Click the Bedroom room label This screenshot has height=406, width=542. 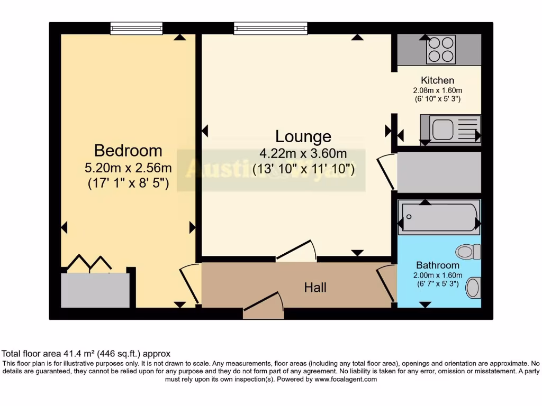(x=128, y=151)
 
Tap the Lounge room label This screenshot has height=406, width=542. (x=303, y=136)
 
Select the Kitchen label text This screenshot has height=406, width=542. (x=437, y=80)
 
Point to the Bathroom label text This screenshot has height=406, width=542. (x=437, y=265)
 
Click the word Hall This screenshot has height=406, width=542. (x=315, y=288)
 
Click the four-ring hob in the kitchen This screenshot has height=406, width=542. (x=441, y=50)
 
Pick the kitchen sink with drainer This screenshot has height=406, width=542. (x=450, y=129)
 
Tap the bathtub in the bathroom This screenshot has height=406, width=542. (x=439, y=217)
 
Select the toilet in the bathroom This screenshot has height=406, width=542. (x=468, y=252)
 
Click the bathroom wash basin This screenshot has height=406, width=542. (x=472, y=288)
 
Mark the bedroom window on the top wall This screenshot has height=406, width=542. (x=136, y=28)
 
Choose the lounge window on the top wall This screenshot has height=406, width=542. (x=270, y=28)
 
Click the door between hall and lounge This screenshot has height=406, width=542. (x=296, y=251)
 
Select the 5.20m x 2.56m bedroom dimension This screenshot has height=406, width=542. (x=128, y=169)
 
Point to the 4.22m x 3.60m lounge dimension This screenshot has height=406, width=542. (x=303, y=154)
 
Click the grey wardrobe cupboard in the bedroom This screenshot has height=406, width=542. (x=95, y=290)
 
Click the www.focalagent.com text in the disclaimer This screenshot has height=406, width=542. (x=346, y=379)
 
